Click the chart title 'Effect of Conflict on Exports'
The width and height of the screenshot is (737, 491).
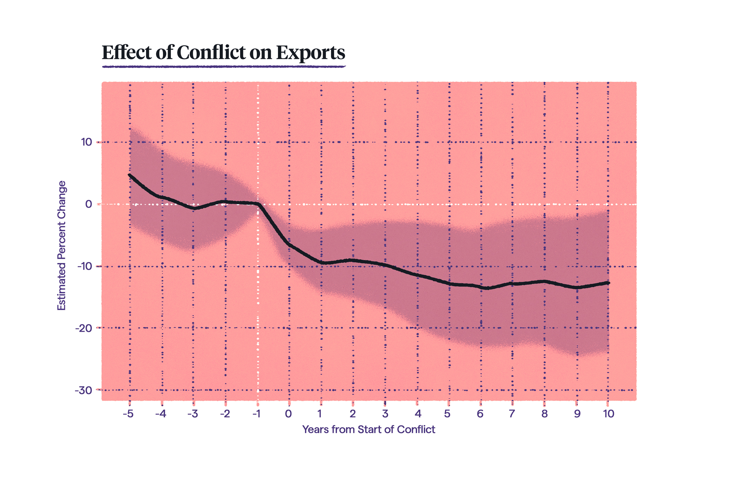[x=224, y=53]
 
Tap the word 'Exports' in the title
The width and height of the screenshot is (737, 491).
[x=310, y=53]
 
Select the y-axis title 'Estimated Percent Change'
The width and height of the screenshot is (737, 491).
[x=62, y=245]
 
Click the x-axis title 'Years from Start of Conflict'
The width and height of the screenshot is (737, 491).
[x=368, y=429]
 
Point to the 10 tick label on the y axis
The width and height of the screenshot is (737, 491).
[x=86, y=142]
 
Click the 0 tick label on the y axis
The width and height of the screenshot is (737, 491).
[x=88, y=204]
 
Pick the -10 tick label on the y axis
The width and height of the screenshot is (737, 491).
[x=85, y=266]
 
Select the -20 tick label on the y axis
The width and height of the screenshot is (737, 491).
[x=84, y=328]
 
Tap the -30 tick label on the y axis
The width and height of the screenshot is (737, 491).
[x=84, y=390]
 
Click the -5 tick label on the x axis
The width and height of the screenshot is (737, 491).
[x=128, y=414]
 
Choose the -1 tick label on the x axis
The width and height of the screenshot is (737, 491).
[x=257, y=414]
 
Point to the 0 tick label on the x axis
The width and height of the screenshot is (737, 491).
[x=288, y=414]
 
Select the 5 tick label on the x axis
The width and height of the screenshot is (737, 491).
[x=447, y=414]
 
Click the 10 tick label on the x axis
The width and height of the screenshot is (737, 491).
[x=609, y=414]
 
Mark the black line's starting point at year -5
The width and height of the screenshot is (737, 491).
[x=130, y=175]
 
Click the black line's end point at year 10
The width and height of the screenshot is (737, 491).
[x=608, y=283]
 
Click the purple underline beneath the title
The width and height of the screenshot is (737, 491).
[x=224, y=66]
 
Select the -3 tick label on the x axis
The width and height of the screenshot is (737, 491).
[x=193, y=414]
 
